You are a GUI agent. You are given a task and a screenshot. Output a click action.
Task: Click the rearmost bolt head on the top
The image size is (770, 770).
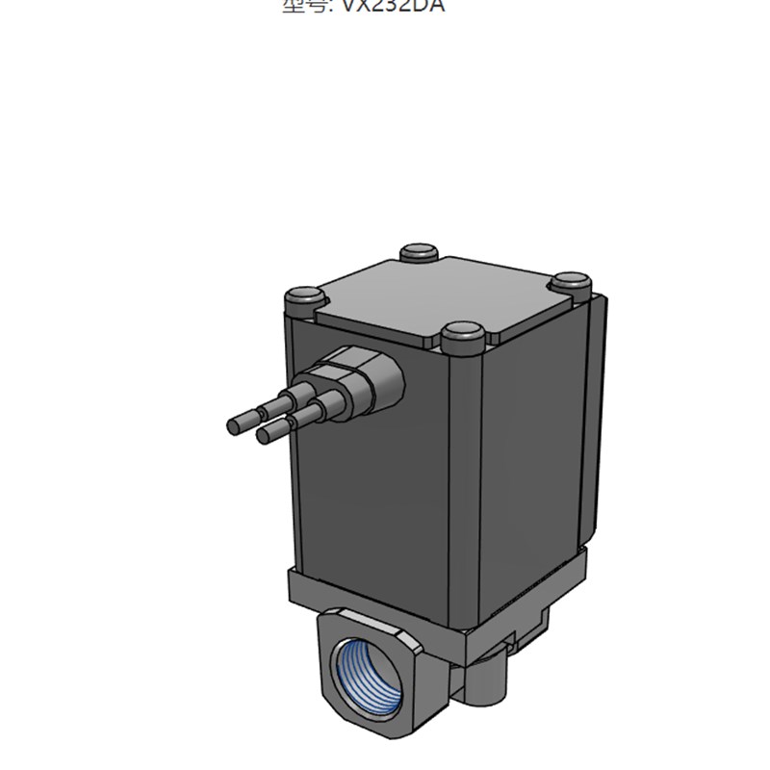coord(419,253)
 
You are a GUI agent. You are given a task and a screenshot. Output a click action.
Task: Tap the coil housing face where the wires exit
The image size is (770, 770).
coord(375,481)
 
